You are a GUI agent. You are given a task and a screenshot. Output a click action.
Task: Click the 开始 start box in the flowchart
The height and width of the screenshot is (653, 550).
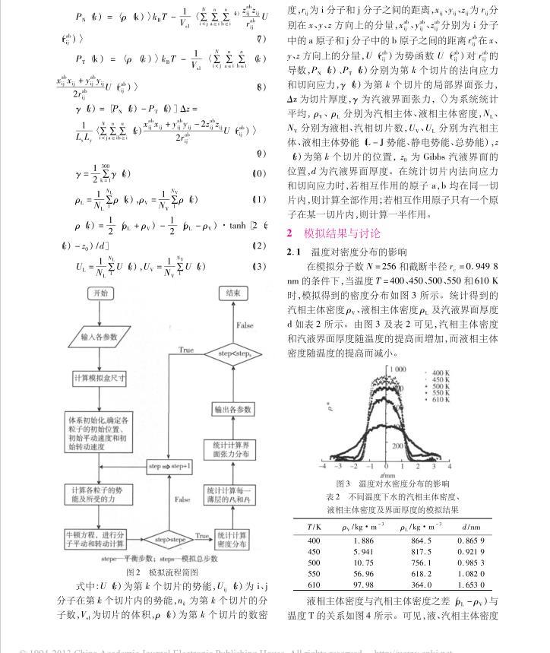coord(102,293)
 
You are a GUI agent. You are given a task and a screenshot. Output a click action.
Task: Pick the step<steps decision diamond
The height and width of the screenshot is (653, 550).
coord(234,353)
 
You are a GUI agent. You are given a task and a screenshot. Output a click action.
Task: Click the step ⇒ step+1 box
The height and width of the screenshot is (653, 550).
coord(169,465)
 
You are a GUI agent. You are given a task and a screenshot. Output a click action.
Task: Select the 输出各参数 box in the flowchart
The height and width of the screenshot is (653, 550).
coord(233,409)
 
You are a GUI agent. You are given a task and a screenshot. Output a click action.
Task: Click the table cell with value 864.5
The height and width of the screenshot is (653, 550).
coord(400,540)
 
